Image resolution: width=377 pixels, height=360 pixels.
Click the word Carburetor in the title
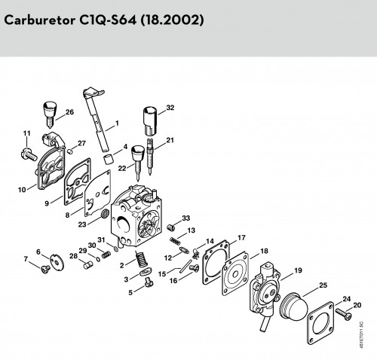click(40, 20)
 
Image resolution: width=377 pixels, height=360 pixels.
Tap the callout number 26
click(69, 112)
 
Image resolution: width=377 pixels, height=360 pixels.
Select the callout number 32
click(170, 108)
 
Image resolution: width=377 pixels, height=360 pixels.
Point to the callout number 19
click(298, 270)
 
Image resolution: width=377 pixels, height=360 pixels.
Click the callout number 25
click(323, 285)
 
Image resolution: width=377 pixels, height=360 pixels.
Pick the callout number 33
click(186, 218)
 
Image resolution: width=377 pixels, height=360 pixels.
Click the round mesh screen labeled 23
click(104, 214)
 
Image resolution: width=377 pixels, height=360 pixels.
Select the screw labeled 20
click(343, 314)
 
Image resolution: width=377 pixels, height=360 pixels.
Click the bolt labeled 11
click(28, 154)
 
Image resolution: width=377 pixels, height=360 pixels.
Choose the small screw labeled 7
click(45, 270)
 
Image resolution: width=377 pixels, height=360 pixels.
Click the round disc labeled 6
click(57, 262)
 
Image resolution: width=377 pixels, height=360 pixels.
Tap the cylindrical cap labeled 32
click(150, 121)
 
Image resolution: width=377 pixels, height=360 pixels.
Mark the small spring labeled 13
click(175, 241)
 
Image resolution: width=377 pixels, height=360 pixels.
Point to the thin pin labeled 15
click(185, 266)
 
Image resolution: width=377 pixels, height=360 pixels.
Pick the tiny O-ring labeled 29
click(98, 258)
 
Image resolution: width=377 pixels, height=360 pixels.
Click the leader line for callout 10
click(32, 187)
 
